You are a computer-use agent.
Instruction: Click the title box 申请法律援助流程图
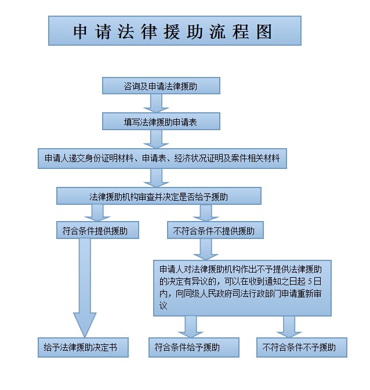(175, 31)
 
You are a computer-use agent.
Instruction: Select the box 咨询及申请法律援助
(161, 86)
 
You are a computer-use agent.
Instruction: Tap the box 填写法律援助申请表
(161, 122)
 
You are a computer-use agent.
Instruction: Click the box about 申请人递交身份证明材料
(162, 158)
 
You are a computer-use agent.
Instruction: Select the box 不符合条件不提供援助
(214, 230)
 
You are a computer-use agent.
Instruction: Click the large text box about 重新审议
(242, 287)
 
